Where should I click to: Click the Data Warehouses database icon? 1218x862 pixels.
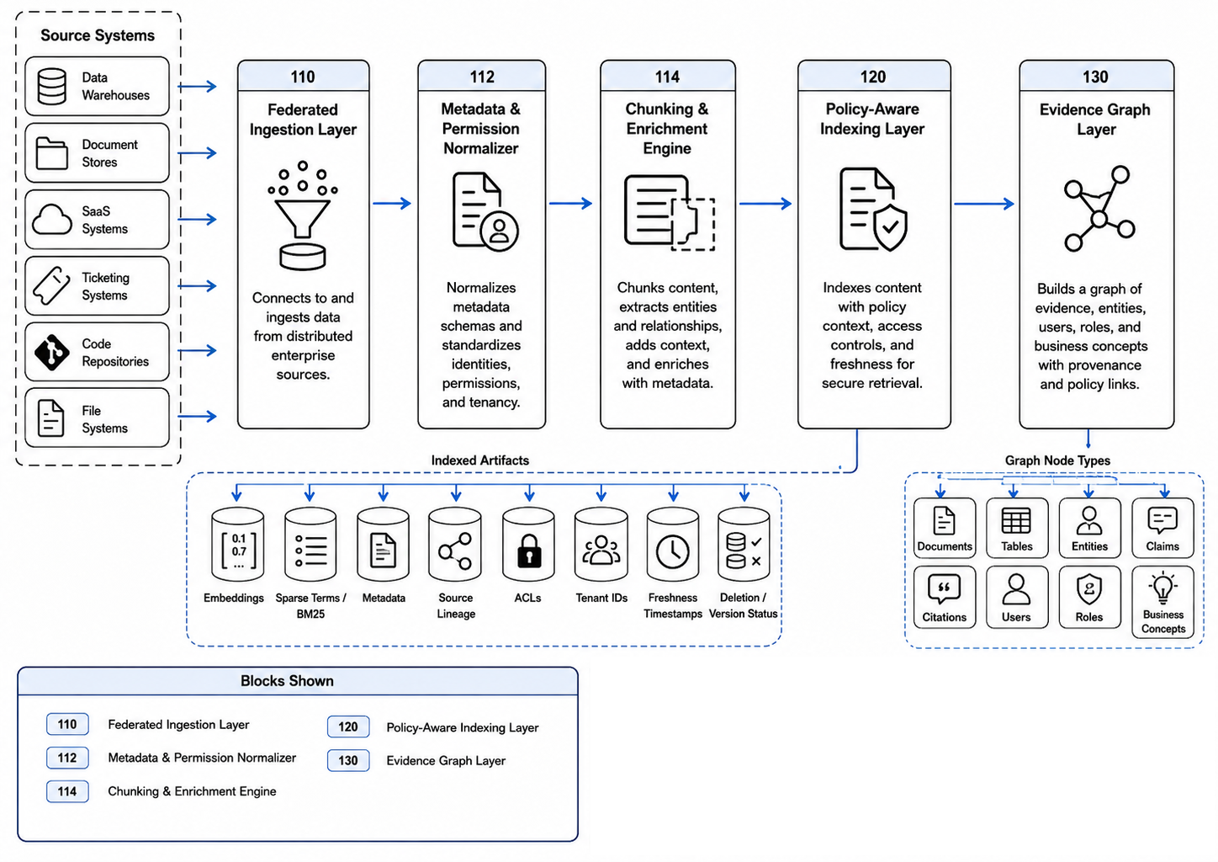[51, 86]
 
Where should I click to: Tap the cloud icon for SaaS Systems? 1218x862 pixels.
[51, 220]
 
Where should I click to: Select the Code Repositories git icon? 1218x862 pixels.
[51, 352]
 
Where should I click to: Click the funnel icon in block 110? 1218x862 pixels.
[302, 215]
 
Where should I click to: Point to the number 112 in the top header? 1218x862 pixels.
[482, 77]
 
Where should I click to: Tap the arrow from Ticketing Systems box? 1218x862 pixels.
[198, 285]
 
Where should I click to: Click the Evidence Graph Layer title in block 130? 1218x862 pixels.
[1095, 120]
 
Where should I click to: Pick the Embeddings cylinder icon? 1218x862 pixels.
[237, 545]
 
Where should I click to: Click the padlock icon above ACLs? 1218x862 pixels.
[528, 551]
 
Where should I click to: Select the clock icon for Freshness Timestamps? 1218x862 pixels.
[673, 552]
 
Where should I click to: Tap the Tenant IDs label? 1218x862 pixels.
[601, 598]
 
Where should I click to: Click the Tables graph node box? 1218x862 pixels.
[1017, 528]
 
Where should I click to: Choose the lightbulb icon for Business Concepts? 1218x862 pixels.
[1163, 588]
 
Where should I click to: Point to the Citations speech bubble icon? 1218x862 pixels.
[944, 589]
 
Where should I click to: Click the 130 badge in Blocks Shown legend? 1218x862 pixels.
[348, 760]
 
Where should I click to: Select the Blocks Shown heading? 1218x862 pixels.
[287, 681]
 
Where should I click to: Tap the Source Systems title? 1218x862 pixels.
[98, 35]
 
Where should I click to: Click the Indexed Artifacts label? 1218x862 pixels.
[480, 460]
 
